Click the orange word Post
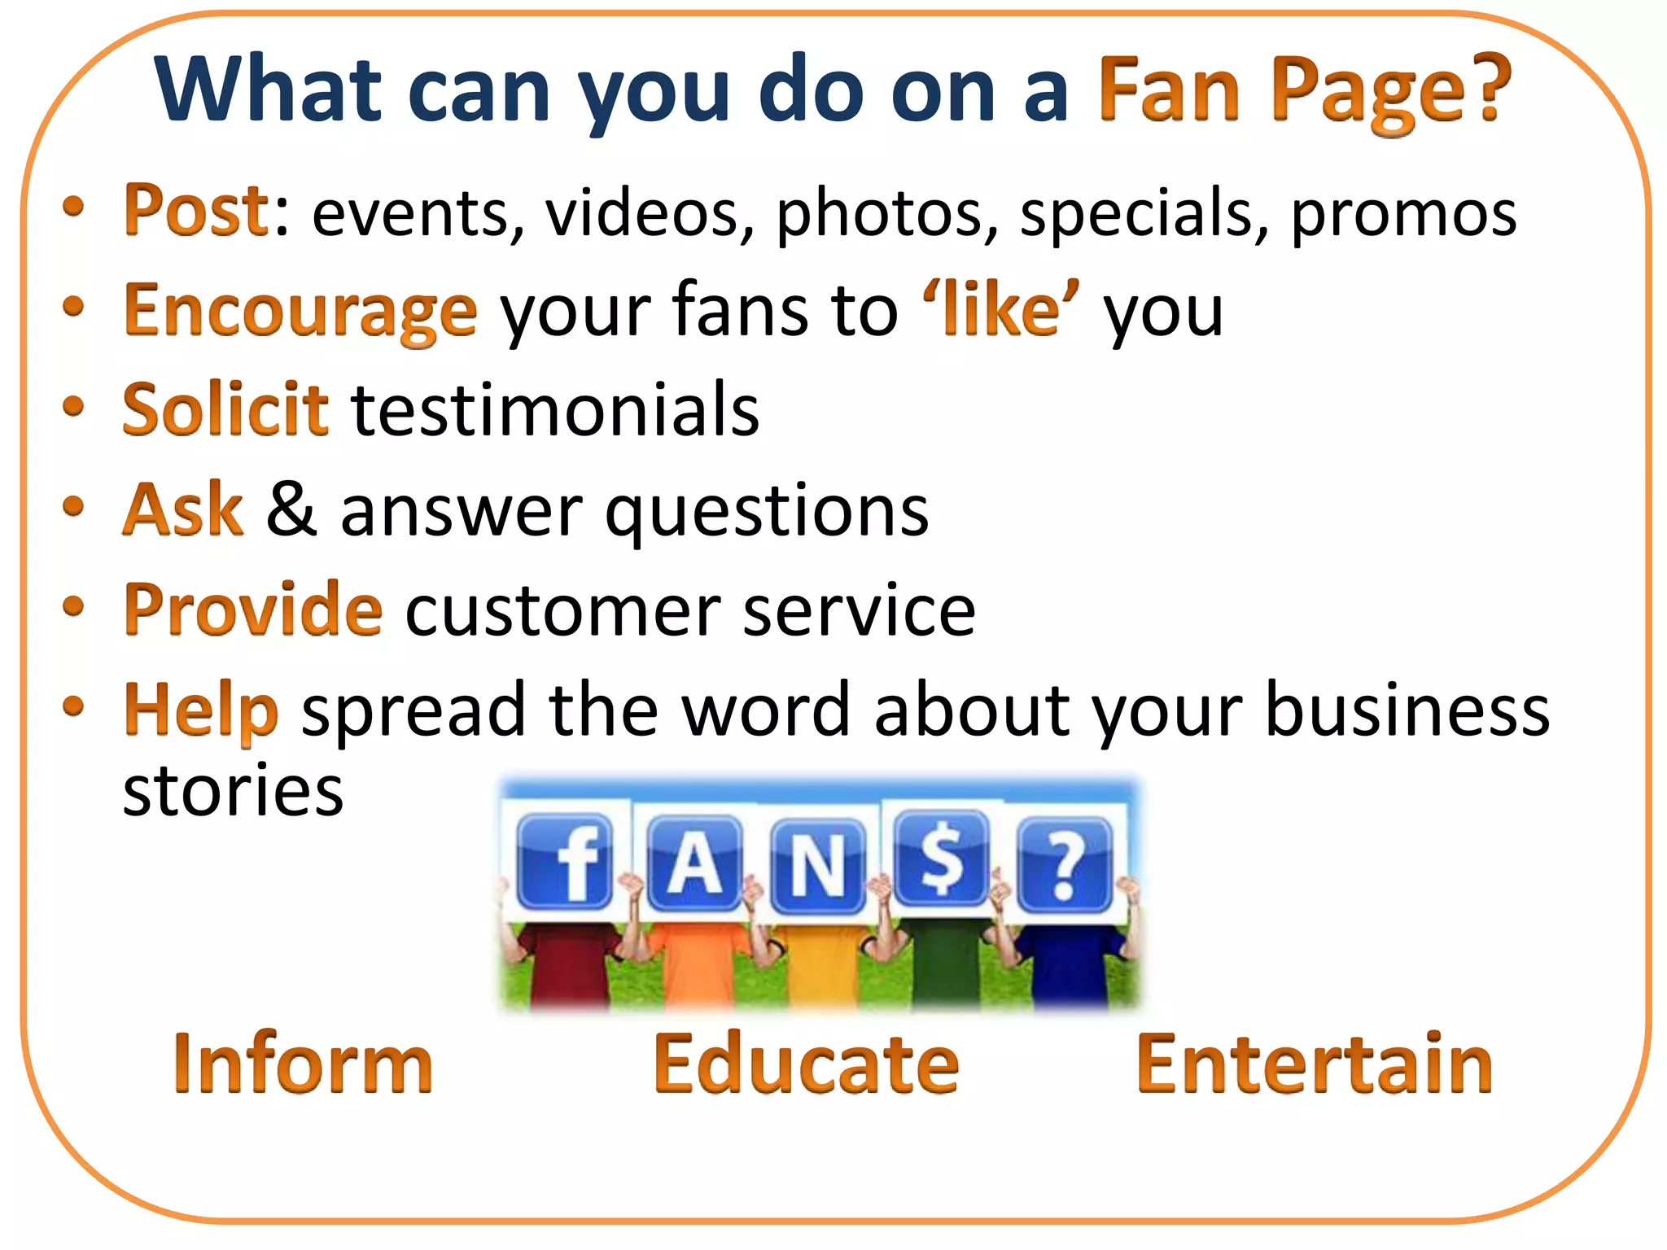[195, 211]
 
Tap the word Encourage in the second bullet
[300, 312]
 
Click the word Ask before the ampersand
[183, 509]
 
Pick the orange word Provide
[252, 610]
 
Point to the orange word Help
[201, 710]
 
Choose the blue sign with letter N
[818, 866]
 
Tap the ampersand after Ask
[291, 509]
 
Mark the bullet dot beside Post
[73, 207]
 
